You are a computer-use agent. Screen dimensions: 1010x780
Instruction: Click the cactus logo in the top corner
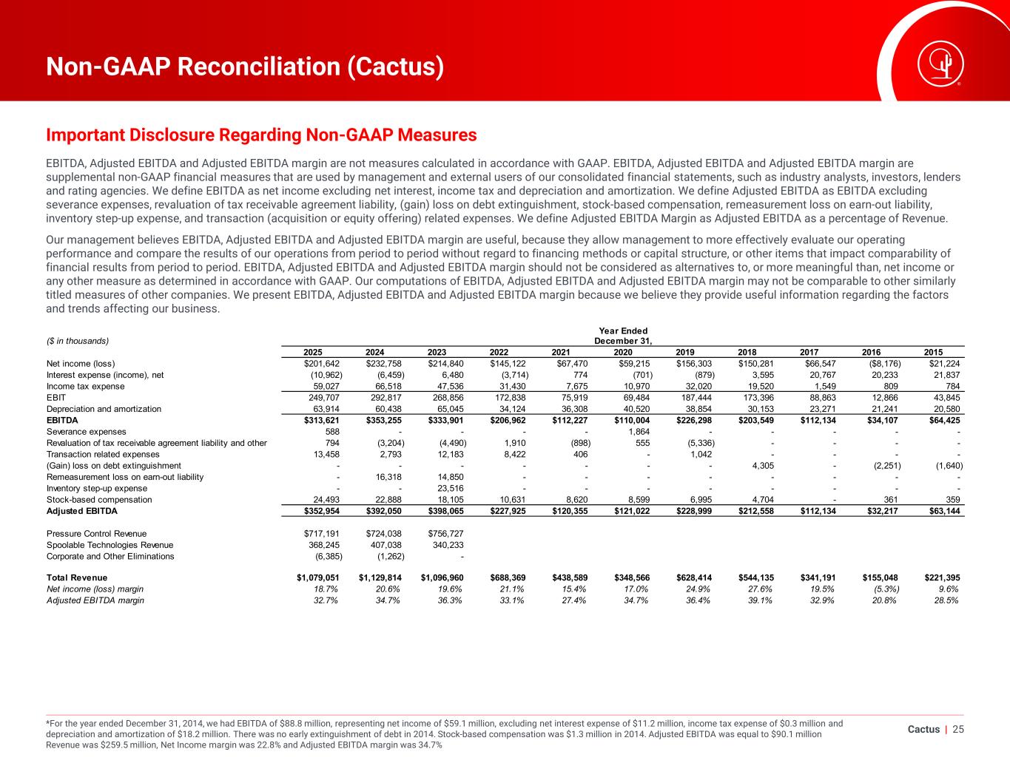(x=940, y=64)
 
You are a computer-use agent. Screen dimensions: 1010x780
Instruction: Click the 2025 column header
(x=313, y=353)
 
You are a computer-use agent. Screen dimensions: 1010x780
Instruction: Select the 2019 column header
(x=685, y=353)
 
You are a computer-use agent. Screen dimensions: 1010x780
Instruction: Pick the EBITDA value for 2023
(x=445, y=420)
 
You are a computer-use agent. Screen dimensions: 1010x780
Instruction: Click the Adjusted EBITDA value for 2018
(x=756, y=511)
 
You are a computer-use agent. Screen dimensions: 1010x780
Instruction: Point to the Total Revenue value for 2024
(x=380, y=577)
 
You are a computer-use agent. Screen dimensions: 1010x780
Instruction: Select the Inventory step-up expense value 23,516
(x=451, y=489)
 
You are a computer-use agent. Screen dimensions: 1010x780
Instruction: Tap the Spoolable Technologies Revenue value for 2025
(x=324, y=545)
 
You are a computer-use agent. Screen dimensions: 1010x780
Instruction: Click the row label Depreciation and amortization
(x=104, y=409)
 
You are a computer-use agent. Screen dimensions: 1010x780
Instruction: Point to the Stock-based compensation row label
(x=99, y=500)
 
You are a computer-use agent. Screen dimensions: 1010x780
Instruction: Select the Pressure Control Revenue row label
(x=96, y=534)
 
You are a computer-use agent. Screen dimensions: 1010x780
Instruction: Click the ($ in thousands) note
(x=78, y=342)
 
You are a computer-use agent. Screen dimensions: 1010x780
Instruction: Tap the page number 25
(x=958, y=730)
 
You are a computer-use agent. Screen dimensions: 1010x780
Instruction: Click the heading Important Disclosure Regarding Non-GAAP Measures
(x=261, y=135)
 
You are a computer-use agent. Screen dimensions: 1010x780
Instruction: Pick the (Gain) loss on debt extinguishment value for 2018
(x=763, y=466)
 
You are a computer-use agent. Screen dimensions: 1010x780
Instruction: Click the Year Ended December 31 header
(x=623, y=336)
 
